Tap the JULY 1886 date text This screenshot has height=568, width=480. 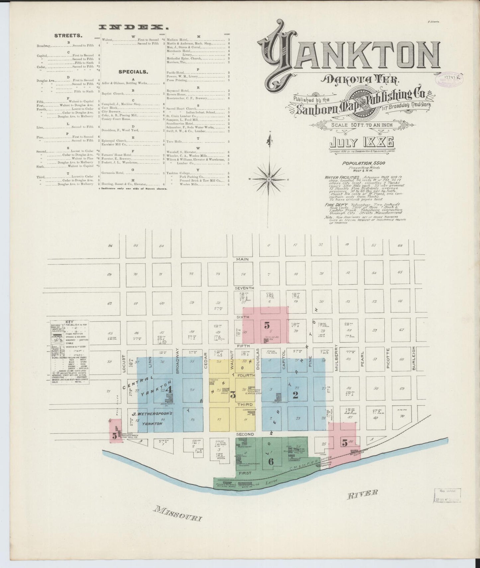point(361,142)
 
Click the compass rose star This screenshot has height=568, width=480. point(269,179)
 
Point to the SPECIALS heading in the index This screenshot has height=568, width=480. point(133,71)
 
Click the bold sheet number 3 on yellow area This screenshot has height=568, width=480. point(233,395)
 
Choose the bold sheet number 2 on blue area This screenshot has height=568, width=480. point(295,395)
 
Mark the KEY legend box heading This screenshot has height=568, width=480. point(69,322)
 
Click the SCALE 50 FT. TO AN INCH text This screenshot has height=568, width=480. point(362,125)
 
